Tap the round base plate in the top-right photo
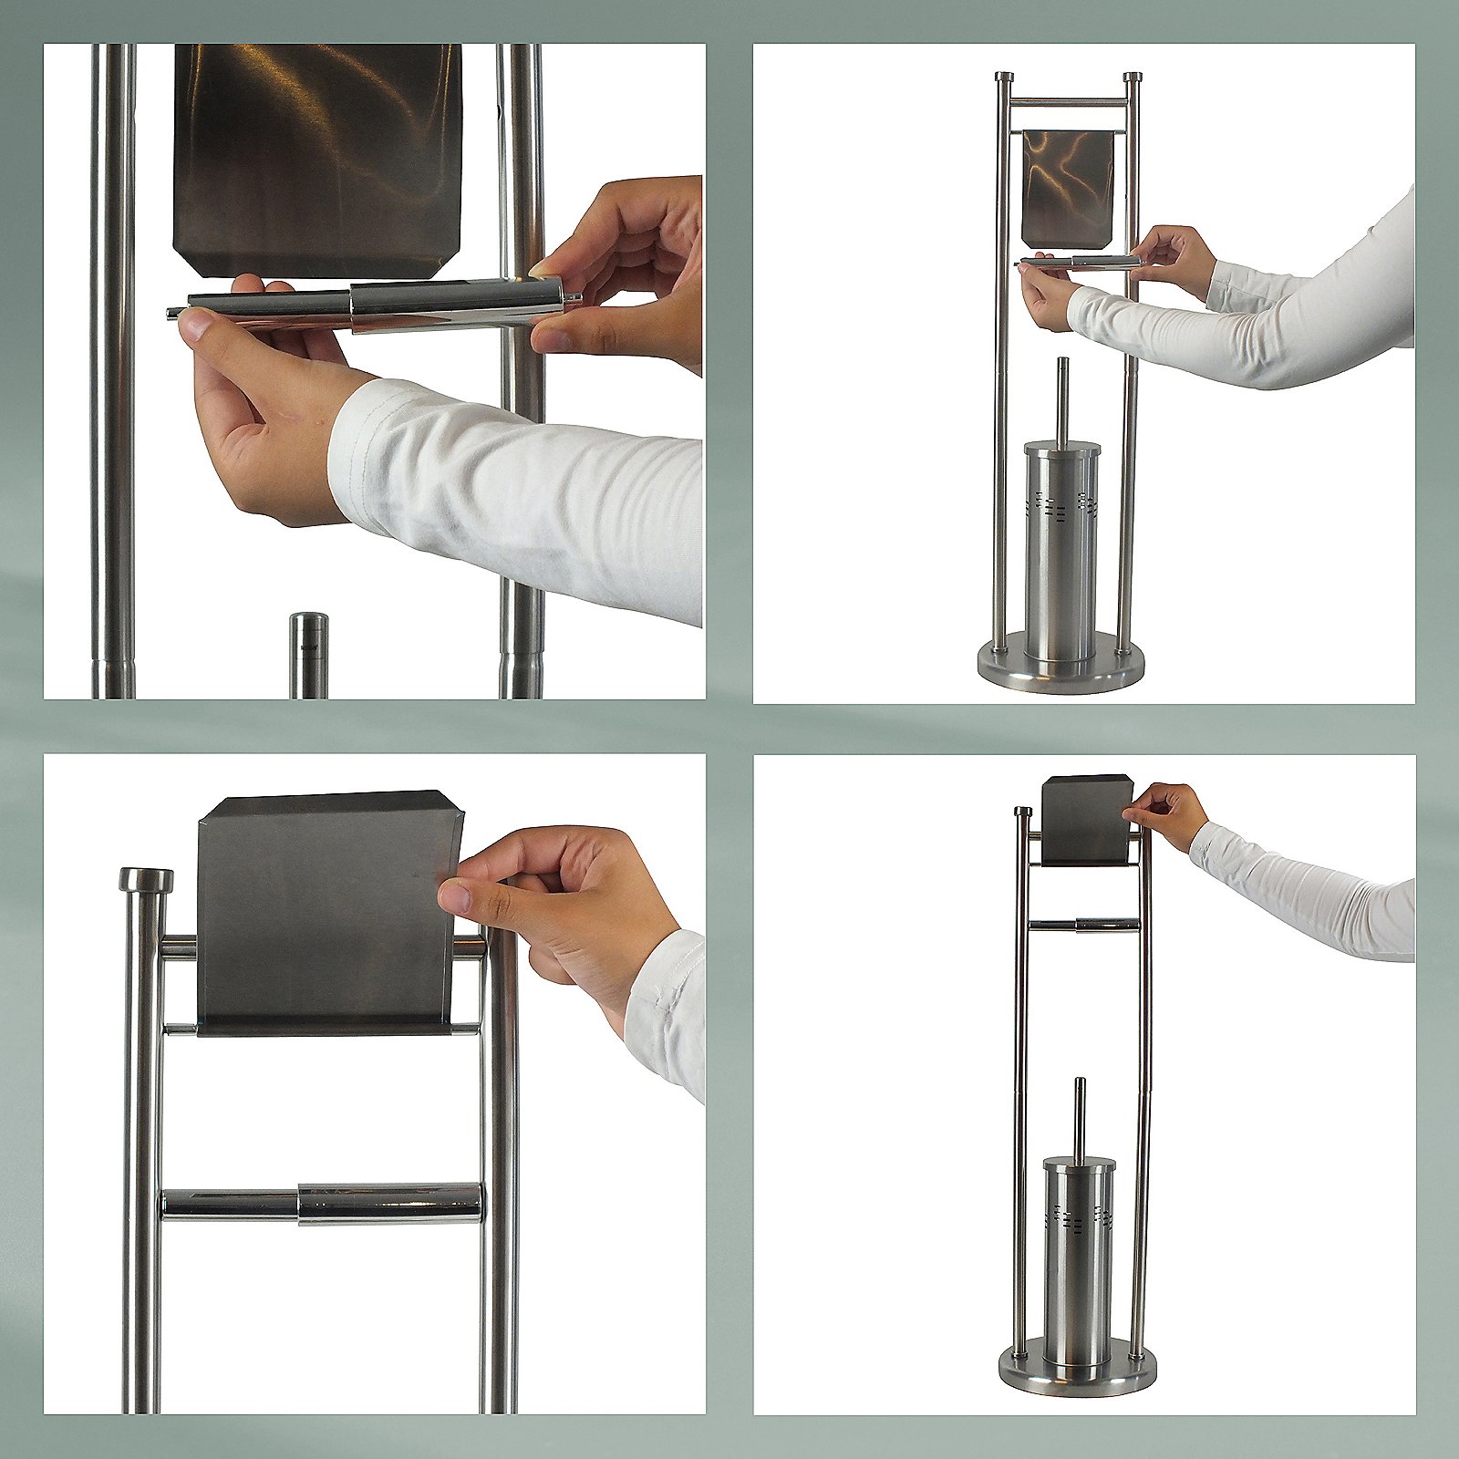tap(1060, 670)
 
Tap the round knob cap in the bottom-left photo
tap(146, 880)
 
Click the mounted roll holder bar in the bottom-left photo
tap(324, 1204)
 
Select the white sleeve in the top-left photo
tap(520, 492)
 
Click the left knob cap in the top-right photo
tap(1003, 78)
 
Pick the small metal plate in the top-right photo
tap(1068, 187)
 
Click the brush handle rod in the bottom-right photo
tap(1080, 1117)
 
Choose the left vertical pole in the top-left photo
tap(112, 365)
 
